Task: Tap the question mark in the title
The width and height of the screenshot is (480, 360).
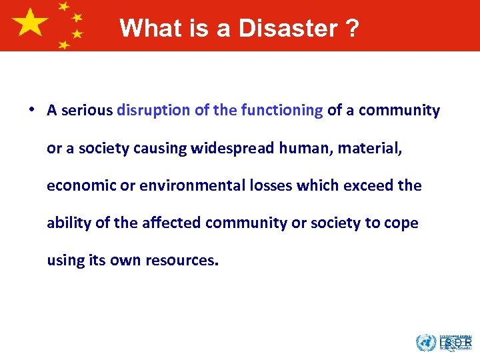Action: (351, 29)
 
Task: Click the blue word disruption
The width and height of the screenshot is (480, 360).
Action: (153, 111)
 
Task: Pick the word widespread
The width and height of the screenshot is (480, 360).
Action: (231, 148)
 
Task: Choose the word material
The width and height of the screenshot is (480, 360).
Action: (369, 148)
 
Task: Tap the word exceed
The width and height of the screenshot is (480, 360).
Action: (371, 185)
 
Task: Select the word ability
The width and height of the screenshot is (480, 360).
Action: (68, 223)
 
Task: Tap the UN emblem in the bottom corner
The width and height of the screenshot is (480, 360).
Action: (425, 343)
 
